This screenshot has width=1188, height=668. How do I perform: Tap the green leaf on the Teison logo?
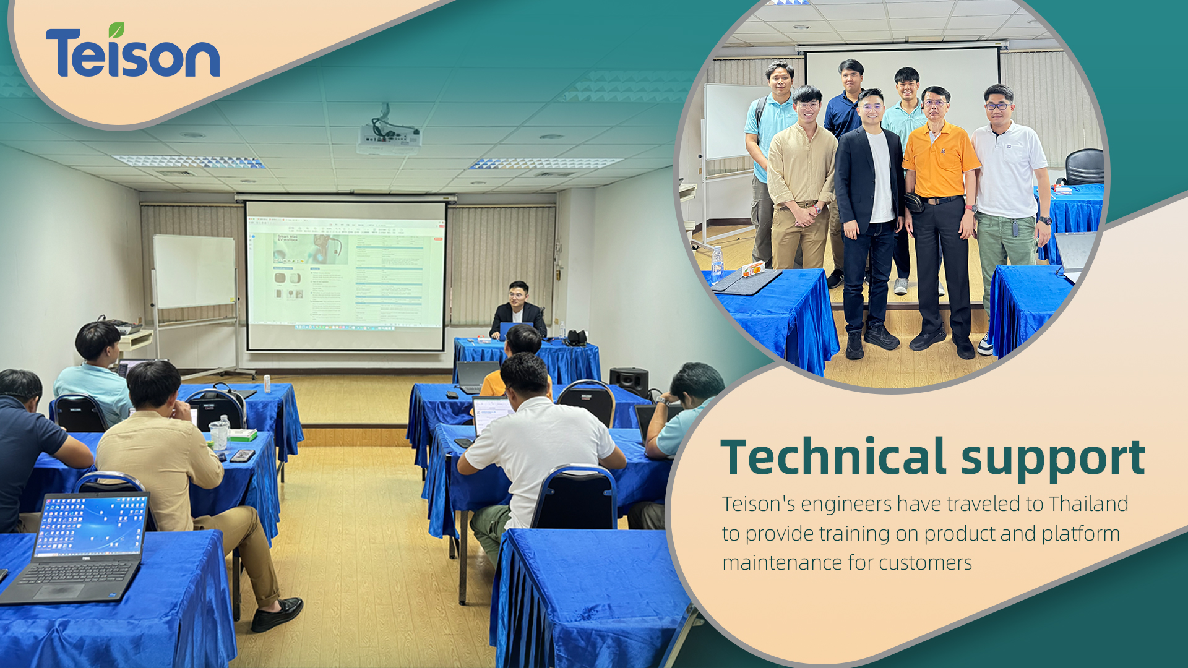coord(116,30)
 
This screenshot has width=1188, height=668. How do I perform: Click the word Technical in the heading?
coord(833,457)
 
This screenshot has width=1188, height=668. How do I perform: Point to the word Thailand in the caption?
coord(1088,504)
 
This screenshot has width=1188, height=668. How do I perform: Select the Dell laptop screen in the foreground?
coord(91,526)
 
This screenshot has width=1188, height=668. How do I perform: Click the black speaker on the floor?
coord(629,381)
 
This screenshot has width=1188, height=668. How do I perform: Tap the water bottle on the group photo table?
coord(717,262)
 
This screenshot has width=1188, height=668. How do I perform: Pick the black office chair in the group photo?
coord(1084,166)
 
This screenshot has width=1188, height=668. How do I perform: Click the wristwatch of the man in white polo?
coord(1044,220)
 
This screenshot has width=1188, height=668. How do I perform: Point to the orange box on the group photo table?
coord(753,268)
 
